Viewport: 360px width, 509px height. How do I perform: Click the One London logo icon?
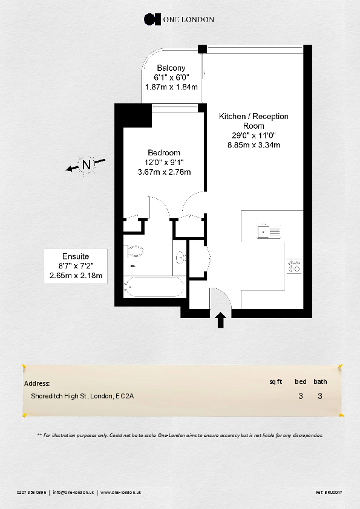click(x=152, y=19)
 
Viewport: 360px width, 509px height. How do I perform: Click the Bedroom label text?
click(x=164, y=152)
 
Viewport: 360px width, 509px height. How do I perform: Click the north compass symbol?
click(x=87, y=164)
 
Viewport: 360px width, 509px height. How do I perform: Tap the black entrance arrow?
click(x=221, y=320)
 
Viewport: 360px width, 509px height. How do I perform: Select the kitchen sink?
click(x=269, y=231)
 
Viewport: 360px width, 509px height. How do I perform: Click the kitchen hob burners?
click(x=295, y=266)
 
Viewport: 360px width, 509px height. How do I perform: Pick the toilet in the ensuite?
click(x=135, y=251)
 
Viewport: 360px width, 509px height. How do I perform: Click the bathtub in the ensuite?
click(x=154, y=287)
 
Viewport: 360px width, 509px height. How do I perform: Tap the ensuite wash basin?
click(x=181, y=258)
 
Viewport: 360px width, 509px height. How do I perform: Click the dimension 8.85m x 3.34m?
click(x=254, y=145)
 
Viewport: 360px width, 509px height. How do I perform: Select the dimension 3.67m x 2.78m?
click(x=165, y=172)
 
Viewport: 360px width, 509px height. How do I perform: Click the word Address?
click(x=37, y=383)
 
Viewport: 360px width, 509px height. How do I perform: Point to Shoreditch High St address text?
click(x=82, y=397)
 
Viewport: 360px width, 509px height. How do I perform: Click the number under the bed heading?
click(x=301, y=397)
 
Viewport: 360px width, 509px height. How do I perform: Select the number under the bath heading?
click(x=320, y=397)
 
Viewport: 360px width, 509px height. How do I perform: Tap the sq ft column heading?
click(x=276, y=381)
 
